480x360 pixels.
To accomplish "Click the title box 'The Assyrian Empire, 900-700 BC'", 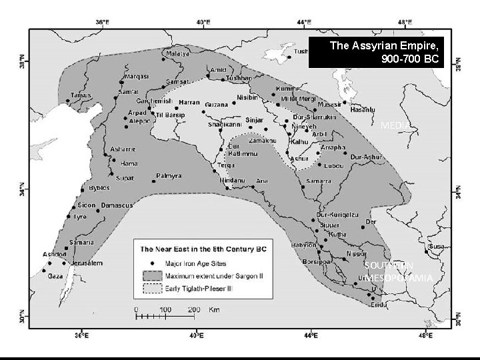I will (385, 52).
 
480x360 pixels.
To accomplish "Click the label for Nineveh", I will (306, 127).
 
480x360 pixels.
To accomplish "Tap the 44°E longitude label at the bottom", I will (311, 335).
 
